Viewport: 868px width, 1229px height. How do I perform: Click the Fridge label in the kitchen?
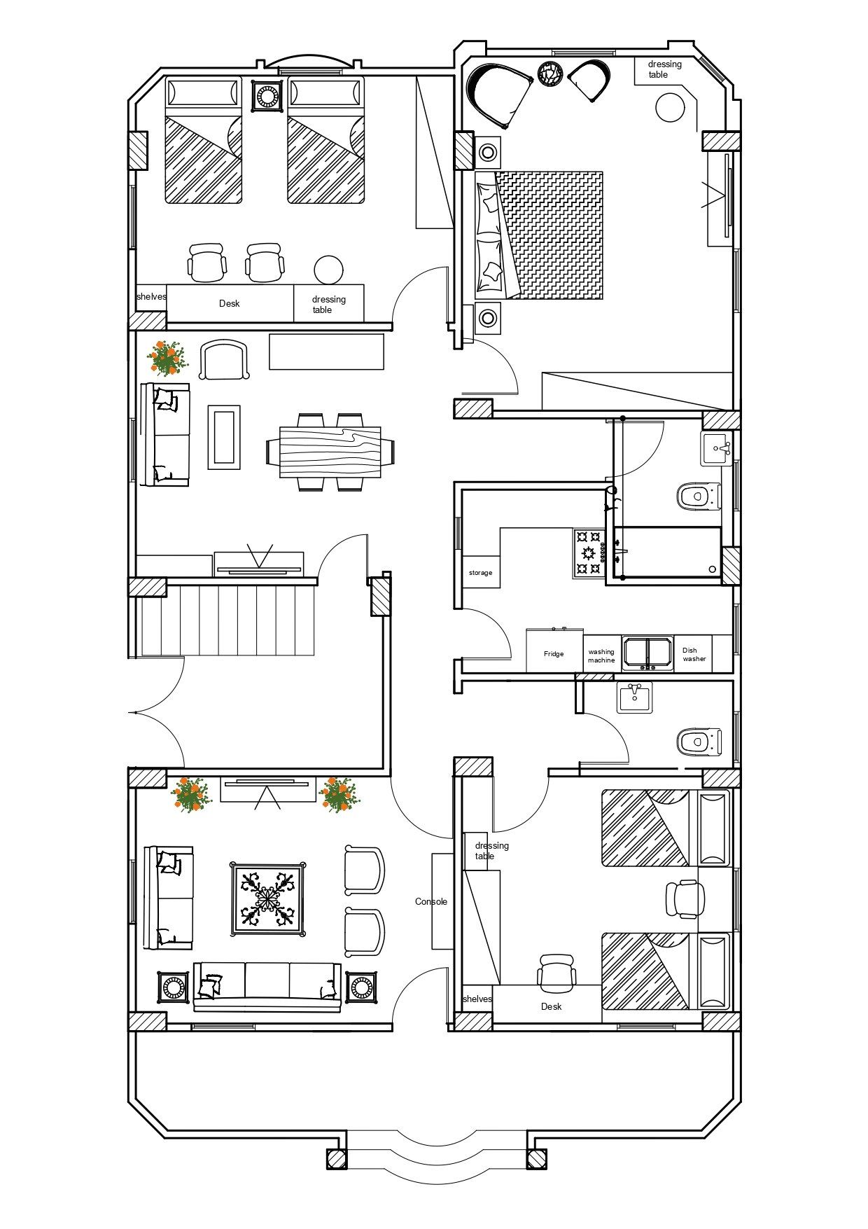coord(554,654)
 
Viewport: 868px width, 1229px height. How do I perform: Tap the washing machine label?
coord(601,655)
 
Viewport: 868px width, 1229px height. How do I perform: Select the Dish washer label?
coord(694,654)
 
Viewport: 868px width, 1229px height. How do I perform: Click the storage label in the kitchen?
coord(480,573)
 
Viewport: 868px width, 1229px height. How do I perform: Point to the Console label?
coord(431,901)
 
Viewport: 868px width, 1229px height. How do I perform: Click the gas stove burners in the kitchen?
coord(589,553)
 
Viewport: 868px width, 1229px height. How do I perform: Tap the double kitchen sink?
coord(647,652)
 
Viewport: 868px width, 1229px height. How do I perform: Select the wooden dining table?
coord(330,452)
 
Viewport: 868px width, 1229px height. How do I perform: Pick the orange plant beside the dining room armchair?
coord(167,358)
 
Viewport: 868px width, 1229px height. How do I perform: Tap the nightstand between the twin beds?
coord(267,95)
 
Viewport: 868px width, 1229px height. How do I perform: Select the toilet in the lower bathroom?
coord(699,742)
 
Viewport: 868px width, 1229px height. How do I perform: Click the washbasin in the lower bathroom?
coord(634,698)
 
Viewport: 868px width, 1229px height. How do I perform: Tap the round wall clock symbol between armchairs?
coord(550,73)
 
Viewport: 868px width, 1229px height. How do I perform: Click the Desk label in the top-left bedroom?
coord(229,303)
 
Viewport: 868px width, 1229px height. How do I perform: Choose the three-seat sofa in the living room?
coord(267,987)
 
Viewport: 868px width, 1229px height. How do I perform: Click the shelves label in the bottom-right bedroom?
coord(477,999)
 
